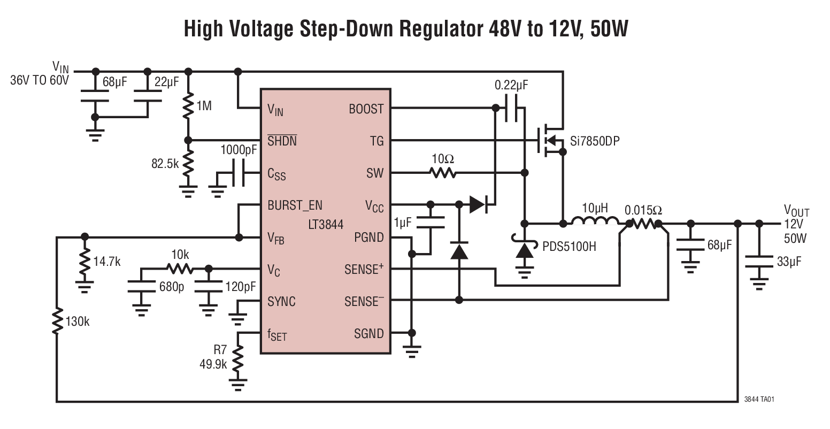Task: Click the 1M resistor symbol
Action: tap(188, 105)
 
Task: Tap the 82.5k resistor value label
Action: tap(165, 164)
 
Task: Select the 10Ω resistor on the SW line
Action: tap(442, 173)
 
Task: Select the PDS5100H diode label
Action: tap(570, 247)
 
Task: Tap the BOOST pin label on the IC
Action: tap(366, 109)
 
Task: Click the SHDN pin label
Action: tap(282, 141)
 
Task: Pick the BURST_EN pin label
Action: tap(295, 205)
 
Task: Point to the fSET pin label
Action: tap(277, 335)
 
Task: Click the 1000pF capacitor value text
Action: tap(238, 150)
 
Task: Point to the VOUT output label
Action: tap(796, 210)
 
